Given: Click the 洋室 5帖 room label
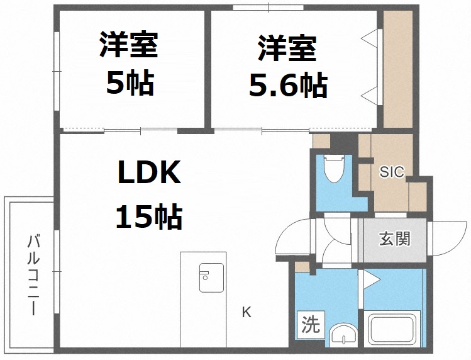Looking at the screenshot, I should point(129,64).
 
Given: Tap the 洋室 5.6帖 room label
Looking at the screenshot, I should point(287,67).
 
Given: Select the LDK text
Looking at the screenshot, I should point(149,173).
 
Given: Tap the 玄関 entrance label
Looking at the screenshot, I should point(394,239).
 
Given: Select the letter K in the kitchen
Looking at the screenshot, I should point(247,312).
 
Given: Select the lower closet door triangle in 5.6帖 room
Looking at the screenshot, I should point(372,95).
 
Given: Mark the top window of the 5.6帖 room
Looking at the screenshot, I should point(269,8).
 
